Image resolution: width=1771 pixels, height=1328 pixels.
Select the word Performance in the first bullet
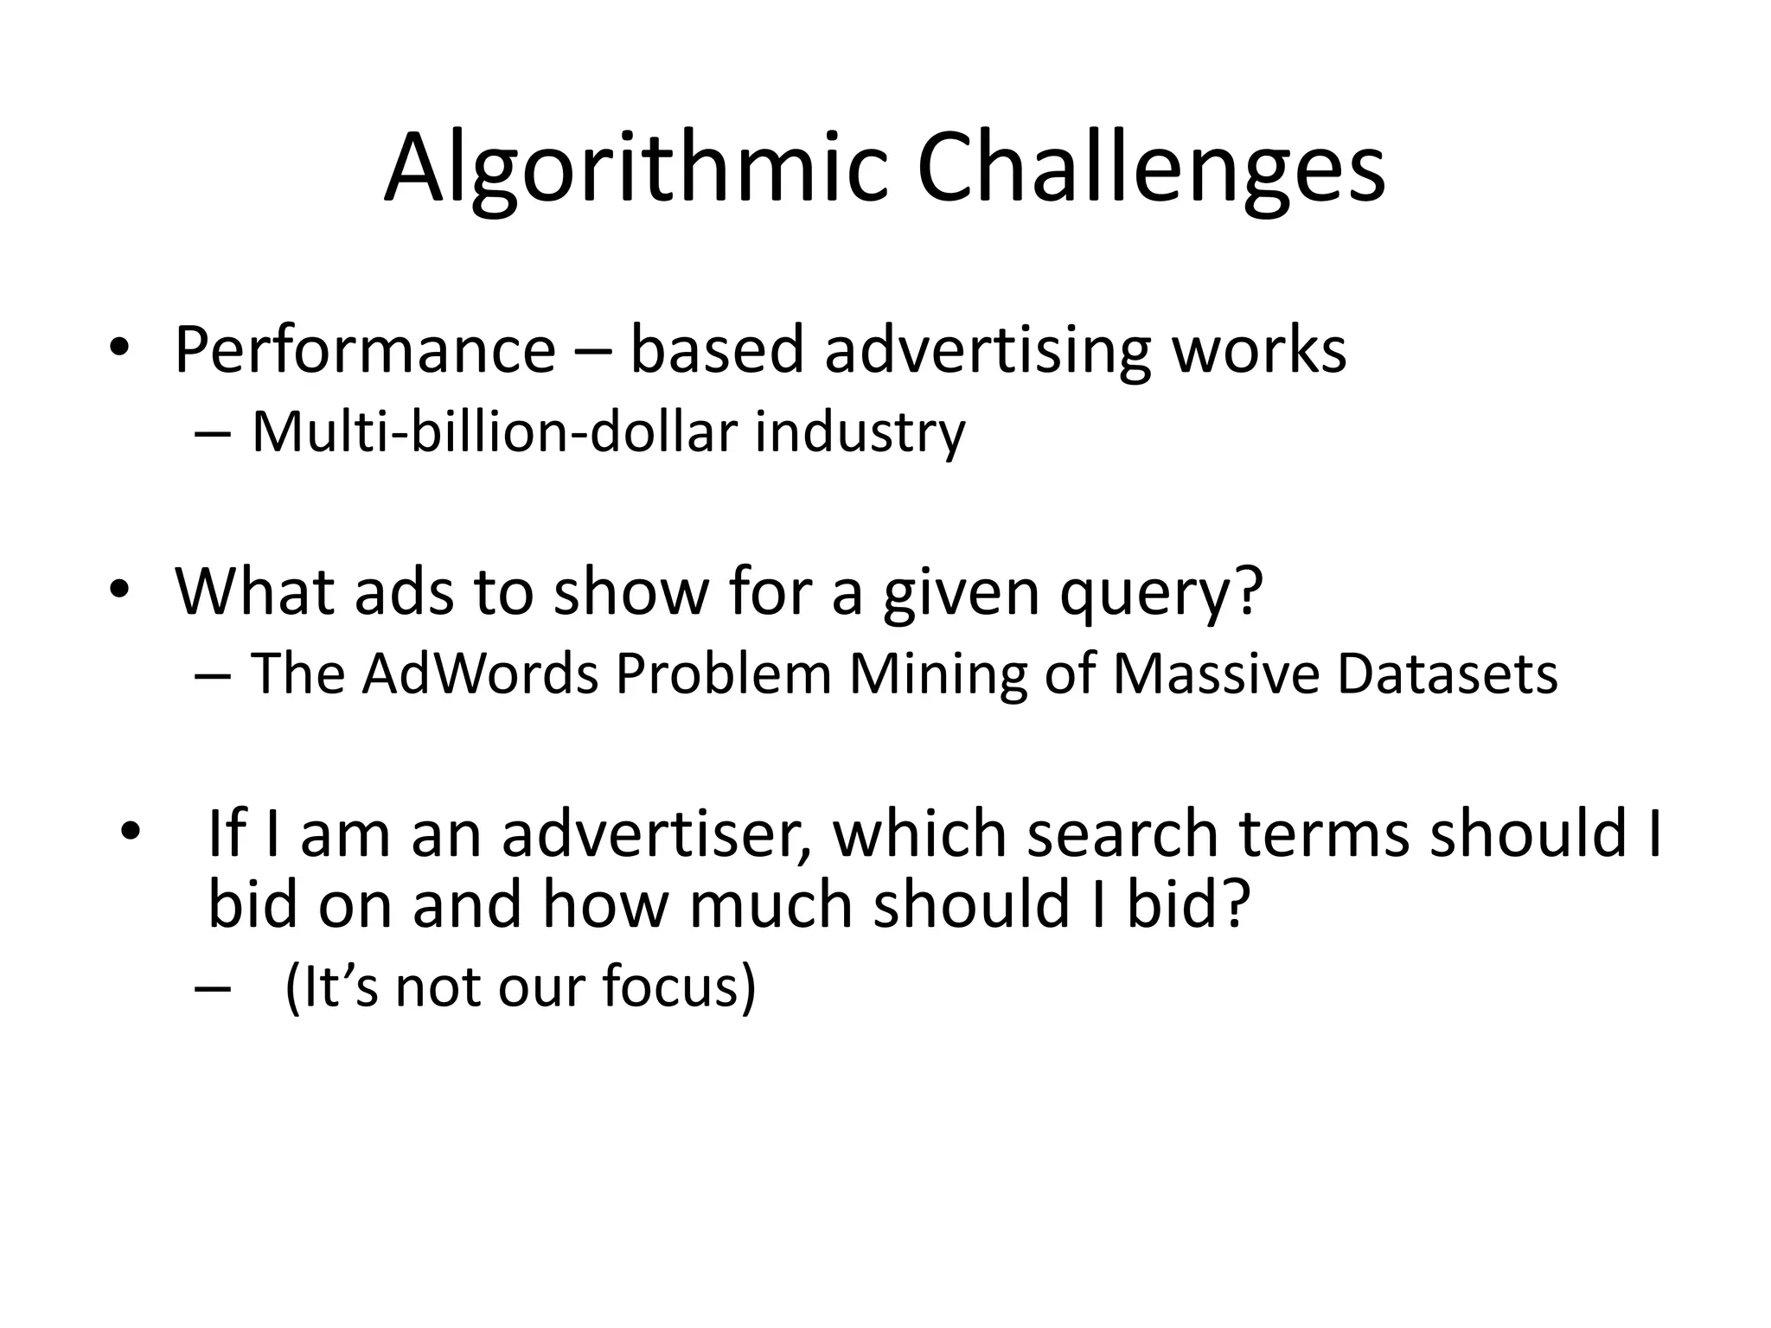pyautogui.click(x=364, y=350)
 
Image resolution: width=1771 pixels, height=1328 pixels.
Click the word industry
pyautogui.click(x=860, y=431)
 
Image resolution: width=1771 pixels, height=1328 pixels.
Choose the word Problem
pyautogui.click(x=723, y=674)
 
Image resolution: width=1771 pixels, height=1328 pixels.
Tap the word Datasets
pyautogui.click(x=1447, y=674)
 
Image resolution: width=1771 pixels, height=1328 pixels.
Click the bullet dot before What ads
pyautogui.click(x=118, y=590)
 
